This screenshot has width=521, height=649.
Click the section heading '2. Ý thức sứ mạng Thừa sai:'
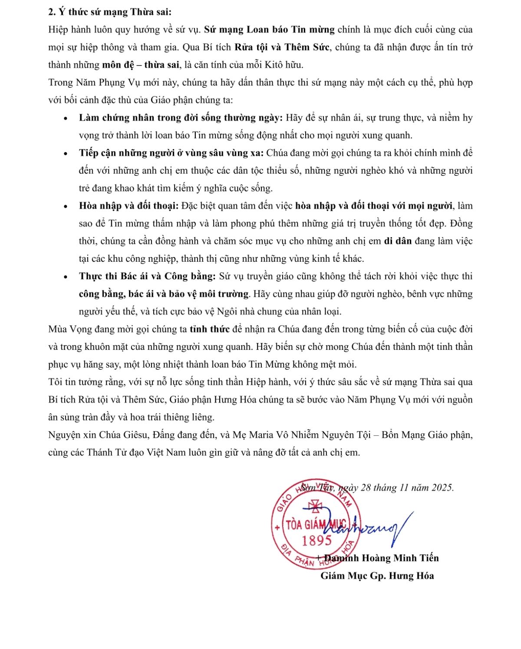[x=110, y=12]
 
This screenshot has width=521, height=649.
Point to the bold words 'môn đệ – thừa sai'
[x=141, y=65]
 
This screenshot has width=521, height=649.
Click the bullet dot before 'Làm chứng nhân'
[x=66, y=118]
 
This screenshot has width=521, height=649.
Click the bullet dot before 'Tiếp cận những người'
[x=66, y=153]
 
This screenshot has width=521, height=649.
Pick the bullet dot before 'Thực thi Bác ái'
[x=66, y=277]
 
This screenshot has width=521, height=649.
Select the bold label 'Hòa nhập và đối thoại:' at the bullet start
[x=129, y=206]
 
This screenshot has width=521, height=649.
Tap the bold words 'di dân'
[x=398, y=241]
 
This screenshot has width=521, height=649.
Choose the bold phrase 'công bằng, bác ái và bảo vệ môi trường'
[x=164, y=294]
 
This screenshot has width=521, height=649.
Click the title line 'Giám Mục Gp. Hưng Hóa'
[x=377, y=576]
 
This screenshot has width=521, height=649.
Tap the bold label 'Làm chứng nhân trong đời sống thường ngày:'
[x=181, y=118]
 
